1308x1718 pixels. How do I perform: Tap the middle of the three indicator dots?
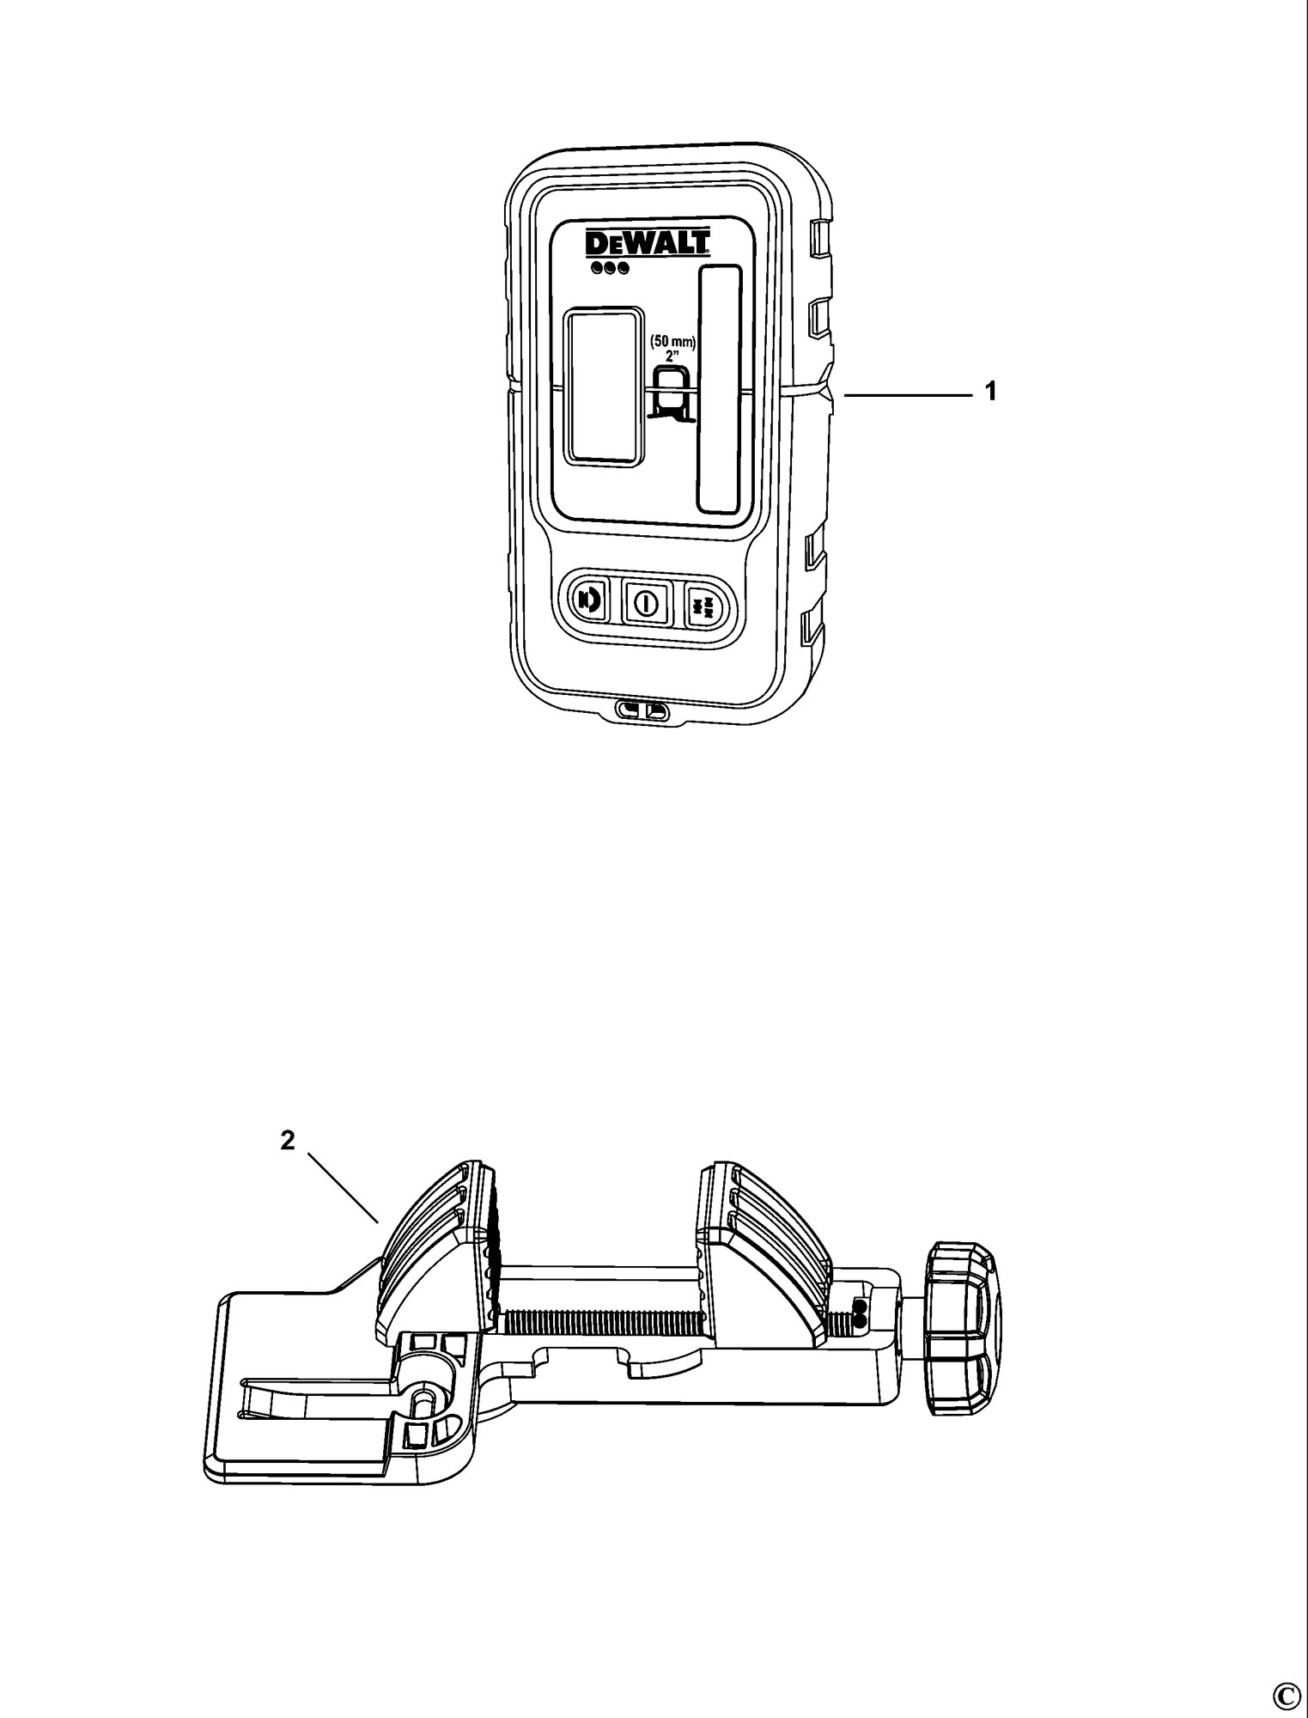pyautogui.click(x=609, y=268)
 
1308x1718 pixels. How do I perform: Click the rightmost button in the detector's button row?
pyautogui.click(x=703, y=605)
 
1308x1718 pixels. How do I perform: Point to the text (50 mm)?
pyautogui.click(x=672, y=341)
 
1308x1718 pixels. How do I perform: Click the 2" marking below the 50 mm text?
pyautogui.click(x=673, y=354)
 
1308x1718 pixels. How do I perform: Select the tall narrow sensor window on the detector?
pyautogui.click(x=720, y=389)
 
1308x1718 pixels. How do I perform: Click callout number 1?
pyautogui.click(x=991, y=392)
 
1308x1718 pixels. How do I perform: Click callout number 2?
pyautogui.click(x=288, y=1140)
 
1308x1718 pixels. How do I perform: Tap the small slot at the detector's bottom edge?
pyautogui.click(x=643, y=710)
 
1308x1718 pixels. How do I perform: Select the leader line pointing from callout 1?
pyautogui.click(x=908, y=393)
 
